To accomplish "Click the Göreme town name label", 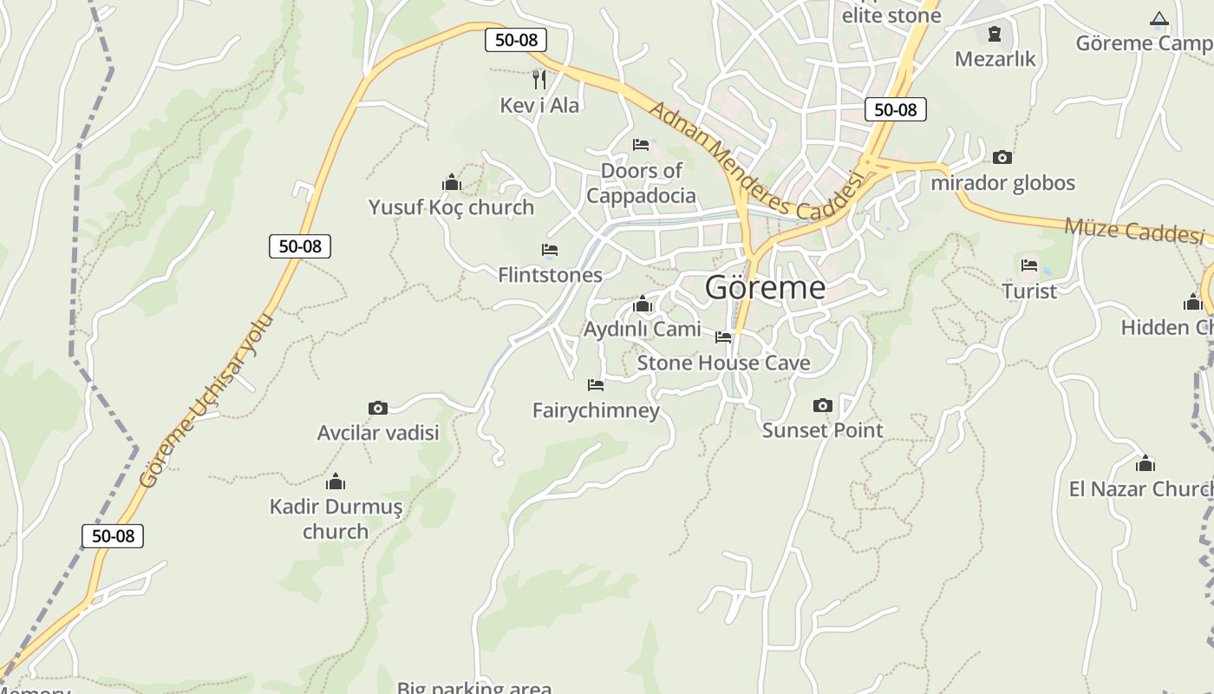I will (765, 287).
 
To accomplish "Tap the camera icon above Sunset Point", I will (823, 405).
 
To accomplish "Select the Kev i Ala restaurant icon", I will (539, 80).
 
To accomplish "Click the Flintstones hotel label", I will (550, 275).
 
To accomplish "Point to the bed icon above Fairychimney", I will (596, 384).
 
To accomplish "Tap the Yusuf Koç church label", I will (451, 207).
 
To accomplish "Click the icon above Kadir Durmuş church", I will (336, 482).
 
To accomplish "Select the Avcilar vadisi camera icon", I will (378, 408).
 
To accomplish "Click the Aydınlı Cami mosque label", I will (642, 329).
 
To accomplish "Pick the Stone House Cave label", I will (723, 363).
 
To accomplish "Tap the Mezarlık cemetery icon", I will (995, 35).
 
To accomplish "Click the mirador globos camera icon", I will (1002, 157).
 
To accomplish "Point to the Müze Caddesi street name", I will (1134, 231).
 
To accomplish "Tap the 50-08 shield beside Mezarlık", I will (896, 109).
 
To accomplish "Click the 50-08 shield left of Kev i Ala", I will (516, 39).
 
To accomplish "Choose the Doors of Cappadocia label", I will (641, 182).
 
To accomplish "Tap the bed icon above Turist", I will (1029, 265).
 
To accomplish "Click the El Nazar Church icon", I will (1145, 463).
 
